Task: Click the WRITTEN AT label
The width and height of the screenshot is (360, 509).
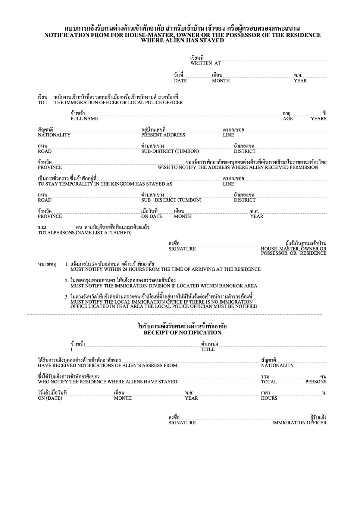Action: click(205, 63)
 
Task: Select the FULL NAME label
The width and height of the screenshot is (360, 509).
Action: click(84, 119)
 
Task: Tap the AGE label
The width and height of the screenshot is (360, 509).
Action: click(288, 119)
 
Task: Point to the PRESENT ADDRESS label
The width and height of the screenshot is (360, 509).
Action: click(163, 135)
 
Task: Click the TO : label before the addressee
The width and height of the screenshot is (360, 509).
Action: click(42, 103)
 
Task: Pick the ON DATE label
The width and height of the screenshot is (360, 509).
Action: click(151, 216)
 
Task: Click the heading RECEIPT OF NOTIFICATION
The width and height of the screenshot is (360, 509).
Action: click(182, 333)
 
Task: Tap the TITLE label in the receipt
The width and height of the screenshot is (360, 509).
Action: click(208, 349)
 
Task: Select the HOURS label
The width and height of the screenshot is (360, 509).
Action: click(269, 398)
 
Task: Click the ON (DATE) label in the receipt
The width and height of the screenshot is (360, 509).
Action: click(50, 398)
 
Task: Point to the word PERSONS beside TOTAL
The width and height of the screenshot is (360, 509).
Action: click(316, 382)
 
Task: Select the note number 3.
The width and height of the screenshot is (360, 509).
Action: click(67, 297)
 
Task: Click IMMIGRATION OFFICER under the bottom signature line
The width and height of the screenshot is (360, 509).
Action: click(299, 423)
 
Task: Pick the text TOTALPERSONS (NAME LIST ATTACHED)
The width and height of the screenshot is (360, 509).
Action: click(85, 233)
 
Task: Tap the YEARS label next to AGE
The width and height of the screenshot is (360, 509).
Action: click(318, 119)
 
